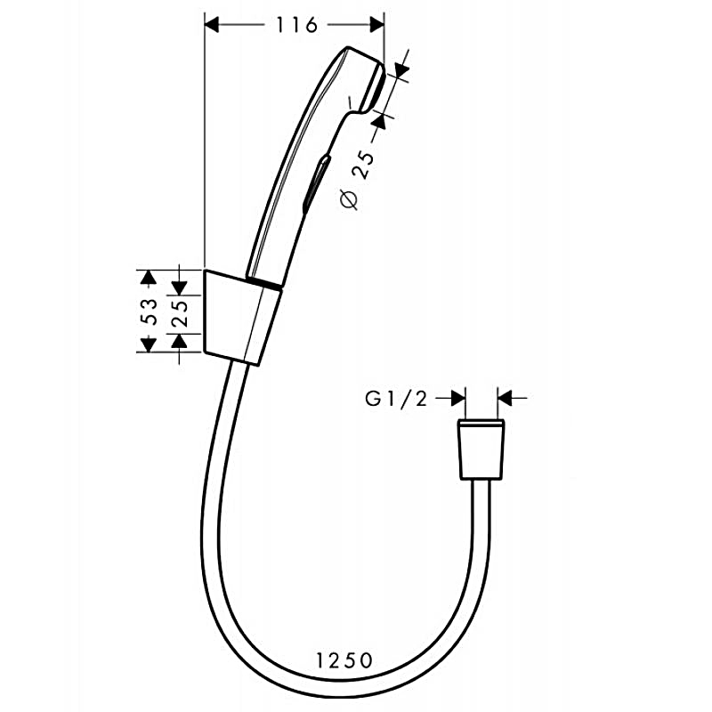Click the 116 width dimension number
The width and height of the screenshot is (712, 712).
[x=296, y=25]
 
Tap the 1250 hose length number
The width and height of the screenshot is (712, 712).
[x=344, y=660]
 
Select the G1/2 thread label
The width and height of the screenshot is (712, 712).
[x=396, y=399]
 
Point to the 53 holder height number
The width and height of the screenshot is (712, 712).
[x=149, y=311]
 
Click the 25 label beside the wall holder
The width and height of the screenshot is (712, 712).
[x=180, y=313]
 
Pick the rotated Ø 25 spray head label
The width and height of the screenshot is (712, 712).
[x=358, y=179]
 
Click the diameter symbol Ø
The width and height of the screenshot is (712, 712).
[x=349, y=199]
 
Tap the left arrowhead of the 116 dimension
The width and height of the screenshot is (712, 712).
[x=212, y=25]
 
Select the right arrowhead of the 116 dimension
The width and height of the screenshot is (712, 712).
[x=377, y=25]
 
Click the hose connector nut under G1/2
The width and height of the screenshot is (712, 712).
[x=481, y=449]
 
